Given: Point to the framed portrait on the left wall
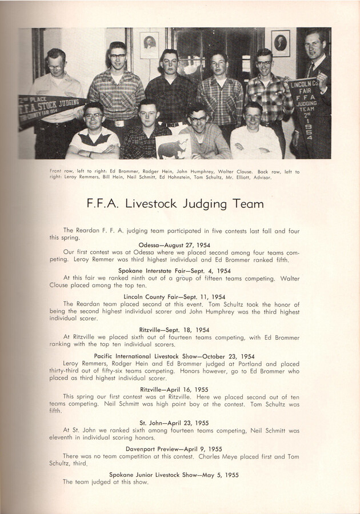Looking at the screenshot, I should (150, 45).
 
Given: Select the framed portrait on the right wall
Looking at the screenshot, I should (280, 43).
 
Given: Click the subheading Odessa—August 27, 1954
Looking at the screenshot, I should (179, 244).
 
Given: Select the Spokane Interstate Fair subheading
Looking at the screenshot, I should (174, 270).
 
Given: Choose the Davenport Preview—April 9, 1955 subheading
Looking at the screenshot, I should (174, 448).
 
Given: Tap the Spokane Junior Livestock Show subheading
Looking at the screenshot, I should (173, 475).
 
